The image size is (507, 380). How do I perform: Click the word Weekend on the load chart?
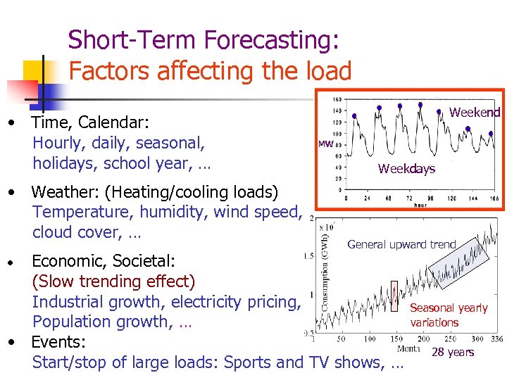475,113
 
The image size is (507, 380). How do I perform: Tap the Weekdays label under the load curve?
406,169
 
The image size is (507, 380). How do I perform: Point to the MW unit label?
325,144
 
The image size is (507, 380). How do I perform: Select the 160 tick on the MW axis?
337,99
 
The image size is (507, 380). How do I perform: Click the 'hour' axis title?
420,205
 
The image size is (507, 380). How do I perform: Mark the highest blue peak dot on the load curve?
400,106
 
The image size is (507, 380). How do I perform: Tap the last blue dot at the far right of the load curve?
440,111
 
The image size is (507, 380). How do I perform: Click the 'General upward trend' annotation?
401,245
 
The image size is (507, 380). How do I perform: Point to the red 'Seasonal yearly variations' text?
448,315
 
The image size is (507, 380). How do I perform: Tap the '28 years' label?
453,353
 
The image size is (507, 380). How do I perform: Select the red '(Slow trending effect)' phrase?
113,282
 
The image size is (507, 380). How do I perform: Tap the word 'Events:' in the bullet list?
58,343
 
